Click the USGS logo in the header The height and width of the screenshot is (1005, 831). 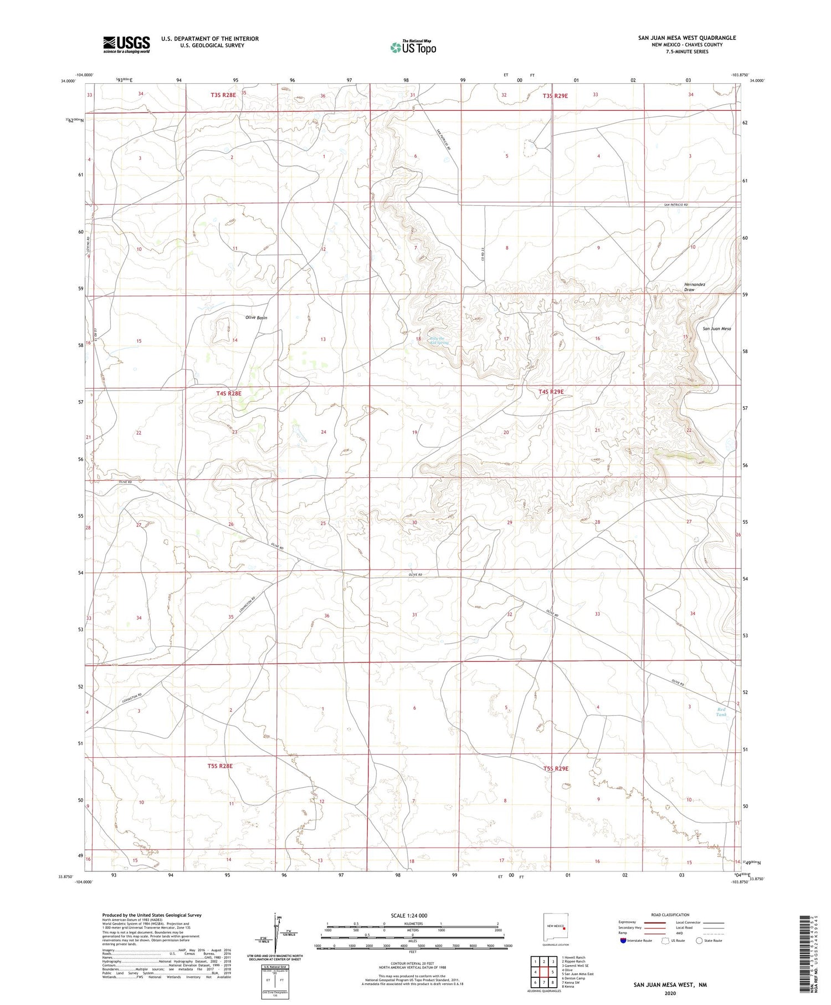[x=126, y=44]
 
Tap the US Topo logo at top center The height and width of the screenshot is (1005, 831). [x=413, y=47]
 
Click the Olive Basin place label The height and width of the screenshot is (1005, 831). [x=256, y=318]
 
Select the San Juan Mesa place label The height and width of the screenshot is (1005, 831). [x=717, y=329]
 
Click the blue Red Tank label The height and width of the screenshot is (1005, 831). [x=721, y=712]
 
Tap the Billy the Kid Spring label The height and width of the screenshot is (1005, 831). [x=439, y=341]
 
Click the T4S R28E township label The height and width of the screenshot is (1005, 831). [x=229, y=394]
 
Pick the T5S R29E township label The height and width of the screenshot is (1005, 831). [x=556, y=768]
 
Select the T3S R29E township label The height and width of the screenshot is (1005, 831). [x=555, y=96]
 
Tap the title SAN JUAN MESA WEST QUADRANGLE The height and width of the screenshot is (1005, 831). [x=687, y=38]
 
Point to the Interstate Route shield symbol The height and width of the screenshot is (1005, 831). [x=623, y=941]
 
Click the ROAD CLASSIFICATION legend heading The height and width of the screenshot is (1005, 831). [x=670, y=915]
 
